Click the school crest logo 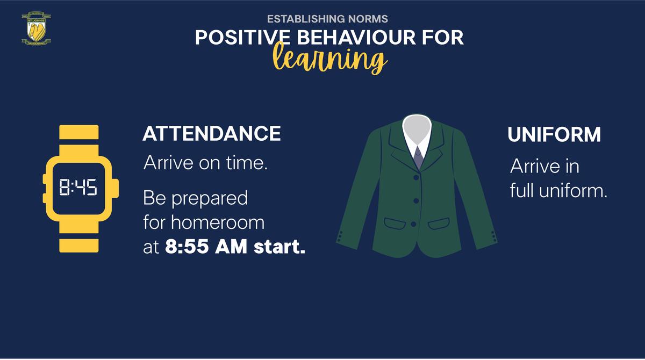(x=37, y=28)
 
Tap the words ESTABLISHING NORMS (x=327, y=19)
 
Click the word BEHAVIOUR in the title (x=356, y=38)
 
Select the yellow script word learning (x=329, y=59)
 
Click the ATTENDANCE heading (x=212, y=134)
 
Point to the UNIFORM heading (x=554, y=134)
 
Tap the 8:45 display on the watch (x=78, y=188)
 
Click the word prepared (x=210, y=199)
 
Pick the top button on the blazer (x=416, y=177)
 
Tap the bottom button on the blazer (x=413, y=224)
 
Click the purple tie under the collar (x=418, y=157)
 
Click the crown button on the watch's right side (x=115, y=189)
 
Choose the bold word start (x=279, y=247)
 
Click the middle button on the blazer (x=416, y=200)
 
